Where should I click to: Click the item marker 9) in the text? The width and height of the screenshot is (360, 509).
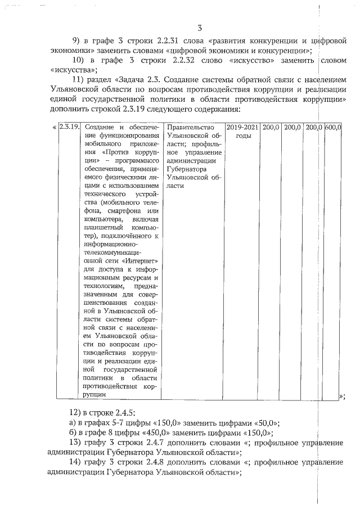point(80,42)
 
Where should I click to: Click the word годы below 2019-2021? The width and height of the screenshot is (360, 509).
point(242,137)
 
